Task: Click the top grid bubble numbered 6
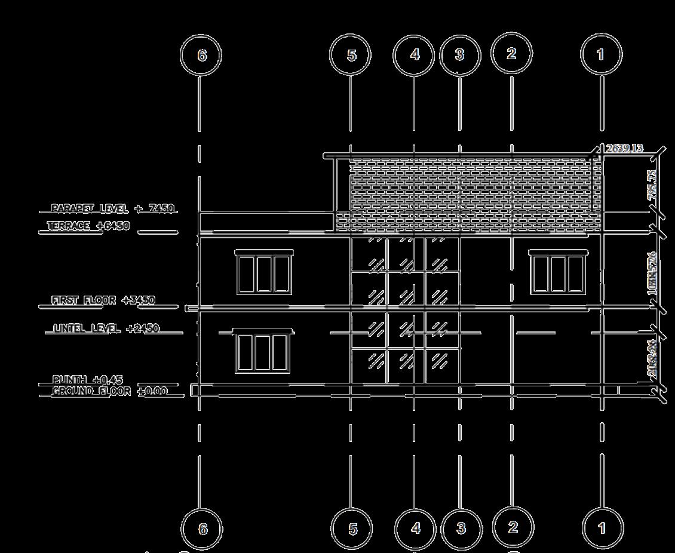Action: point(201,55)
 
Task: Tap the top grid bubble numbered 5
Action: point(351,55)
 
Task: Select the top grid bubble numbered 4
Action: point(414,54)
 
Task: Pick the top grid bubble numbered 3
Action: point(460,54)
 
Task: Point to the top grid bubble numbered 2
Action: point(511,53)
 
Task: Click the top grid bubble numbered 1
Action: point(601,54)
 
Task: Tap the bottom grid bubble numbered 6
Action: point(202,529)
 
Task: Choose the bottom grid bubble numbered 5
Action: point(352,529)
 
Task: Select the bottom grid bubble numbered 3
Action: point(461,528)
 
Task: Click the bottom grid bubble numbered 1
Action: point(602,528)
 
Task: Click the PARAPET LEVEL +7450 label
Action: point(112,208)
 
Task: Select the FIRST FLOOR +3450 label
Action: point(103,300)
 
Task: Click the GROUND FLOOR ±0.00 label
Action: point(109,391)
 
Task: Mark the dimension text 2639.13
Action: point(624,148)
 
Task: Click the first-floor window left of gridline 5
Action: point(264,273)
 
